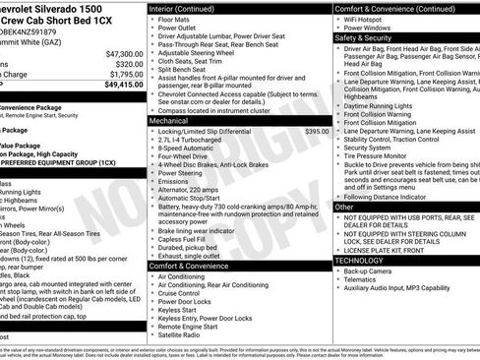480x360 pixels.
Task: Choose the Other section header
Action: [x=344, y=208]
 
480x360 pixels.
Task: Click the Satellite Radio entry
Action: [x=182, y=335]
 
